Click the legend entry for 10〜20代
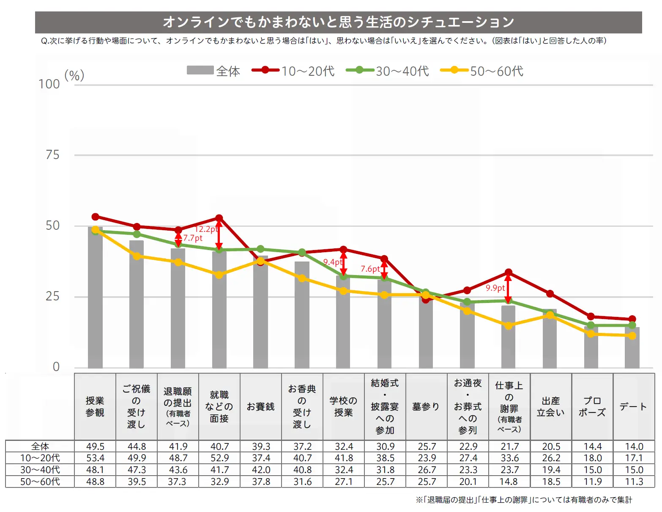coord(293,71)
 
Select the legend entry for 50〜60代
coord(482,71)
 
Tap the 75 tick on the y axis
coord(52,155)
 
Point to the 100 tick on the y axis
coord(49,84)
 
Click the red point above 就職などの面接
coord(219,218)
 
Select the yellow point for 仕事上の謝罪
coord(508,325)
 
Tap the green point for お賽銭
coord(260,249)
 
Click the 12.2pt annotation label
coord(206,229)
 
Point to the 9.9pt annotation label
coord(495,288)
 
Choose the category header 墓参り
coord(426,406)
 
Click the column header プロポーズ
coord(592,406)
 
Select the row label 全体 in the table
coord(40,446)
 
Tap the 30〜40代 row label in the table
coord(40,470)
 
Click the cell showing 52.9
coord(219,458)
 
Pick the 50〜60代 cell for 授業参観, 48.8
coord(95,482)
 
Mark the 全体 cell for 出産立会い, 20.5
coord(551,446)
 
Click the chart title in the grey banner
coord(338,22)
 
